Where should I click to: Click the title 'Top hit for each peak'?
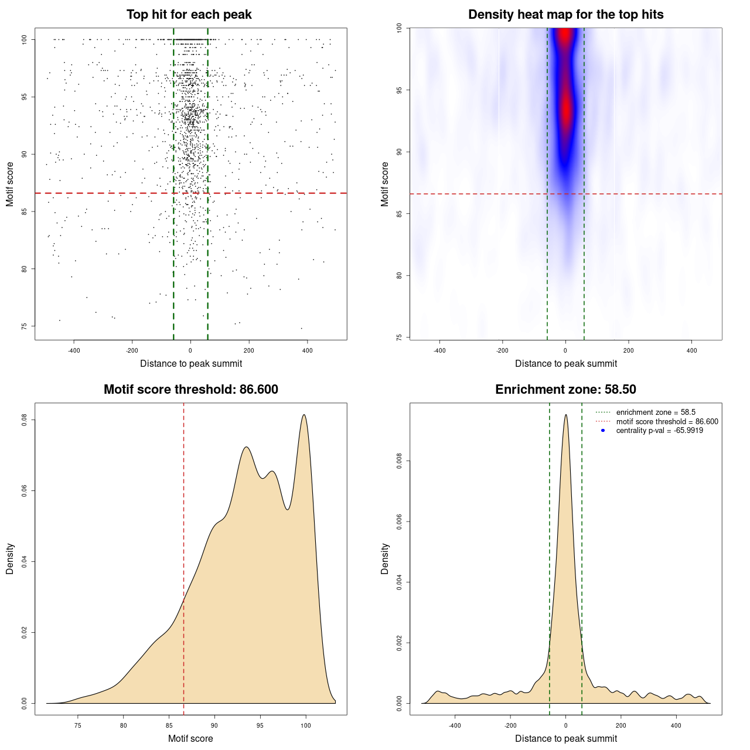coord(189,15)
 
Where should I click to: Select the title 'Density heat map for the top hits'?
coord(565,15)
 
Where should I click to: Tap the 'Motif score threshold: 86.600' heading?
coord(190,390)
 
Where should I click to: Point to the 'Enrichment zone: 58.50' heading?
coord(565,390)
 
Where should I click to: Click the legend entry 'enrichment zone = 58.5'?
coord(656,412)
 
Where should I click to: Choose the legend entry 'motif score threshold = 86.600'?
coord(667,422)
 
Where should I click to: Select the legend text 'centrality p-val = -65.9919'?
coord(659,431)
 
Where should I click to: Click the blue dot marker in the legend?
coord(603,431)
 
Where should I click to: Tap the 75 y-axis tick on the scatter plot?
coord(25,326)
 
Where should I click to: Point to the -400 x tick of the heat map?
coord(439,350)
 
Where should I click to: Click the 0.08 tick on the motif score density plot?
coord(25,420)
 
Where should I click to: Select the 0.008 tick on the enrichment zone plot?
coord(400,461)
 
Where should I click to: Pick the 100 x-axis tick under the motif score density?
coord(305,725)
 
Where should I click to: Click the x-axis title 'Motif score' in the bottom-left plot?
coord(190,738)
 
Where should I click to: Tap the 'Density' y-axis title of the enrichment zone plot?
coord(385,558)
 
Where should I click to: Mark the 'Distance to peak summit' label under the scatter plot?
coord(191,363)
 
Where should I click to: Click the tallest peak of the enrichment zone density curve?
coord(565,415)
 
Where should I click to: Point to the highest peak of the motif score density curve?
coord(304,415)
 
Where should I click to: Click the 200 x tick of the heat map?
coord(628,350)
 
